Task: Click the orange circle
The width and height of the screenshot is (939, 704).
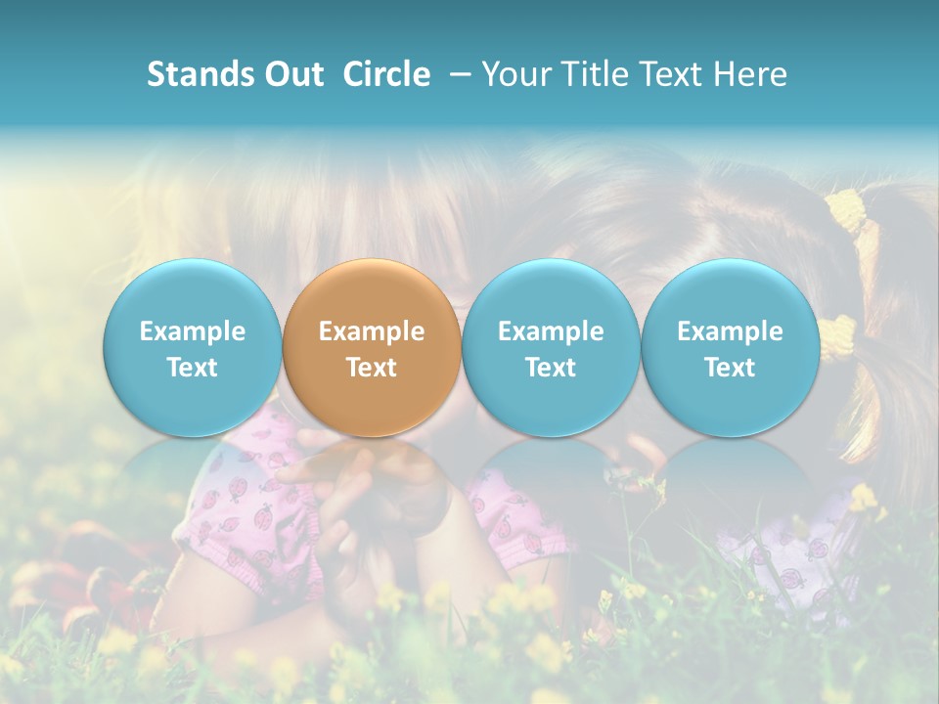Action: (372, 347)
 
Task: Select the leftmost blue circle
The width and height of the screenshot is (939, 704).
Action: (192, 347)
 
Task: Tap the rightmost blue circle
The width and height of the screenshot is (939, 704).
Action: (730, 347)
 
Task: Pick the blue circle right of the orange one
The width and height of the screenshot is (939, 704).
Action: (551, 347)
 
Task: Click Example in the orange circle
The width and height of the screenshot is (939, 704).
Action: (372, 331)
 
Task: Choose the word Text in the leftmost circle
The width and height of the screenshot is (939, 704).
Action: (192, 367)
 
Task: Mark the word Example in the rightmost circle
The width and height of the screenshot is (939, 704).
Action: (730, 331)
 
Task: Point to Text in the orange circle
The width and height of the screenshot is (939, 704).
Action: (372, 367)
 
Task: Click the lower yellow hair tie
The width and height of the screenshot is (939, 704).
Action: (836, 337)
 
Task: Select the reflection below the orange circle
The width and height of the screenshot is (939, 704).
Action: (372, 484)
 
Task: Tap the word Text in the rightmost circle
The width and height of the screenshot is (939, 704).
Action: (730, 367)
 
